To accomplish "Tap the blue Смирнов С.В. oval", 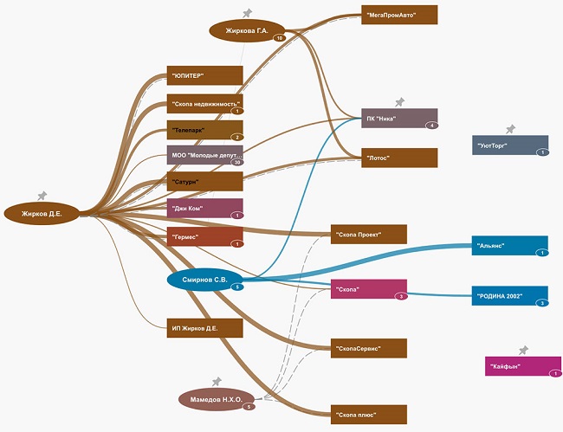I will [x=204, y=280].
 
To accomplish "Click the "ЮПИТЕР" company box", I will [x=204, y=76].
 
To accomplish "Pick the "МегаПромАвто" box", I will [x=399, y=15].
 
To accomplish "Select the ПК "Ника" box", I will [x=399, y=119].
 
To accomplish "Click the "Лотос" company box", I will [x=399, y=158].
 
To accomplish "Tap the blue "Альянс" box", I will [x=509, y=246].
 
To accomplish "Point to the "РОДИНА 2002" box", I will [x=509, y=295].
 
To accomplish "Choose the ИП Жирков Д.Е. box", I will [x=204, y=327].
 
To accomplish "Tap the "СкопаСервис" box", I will [x=369, y=348].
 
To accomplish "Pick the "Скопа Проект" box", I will [x=369, y=234].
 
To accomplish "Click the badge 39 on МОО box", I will [x=236, y=162].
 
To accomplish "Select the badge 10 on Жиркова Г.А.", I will [x=279, y=39].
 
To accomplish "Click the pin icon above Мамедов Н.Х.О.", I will [x=217, y=381].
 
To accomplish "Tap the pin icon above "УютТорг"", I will [x=510, y=129].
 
